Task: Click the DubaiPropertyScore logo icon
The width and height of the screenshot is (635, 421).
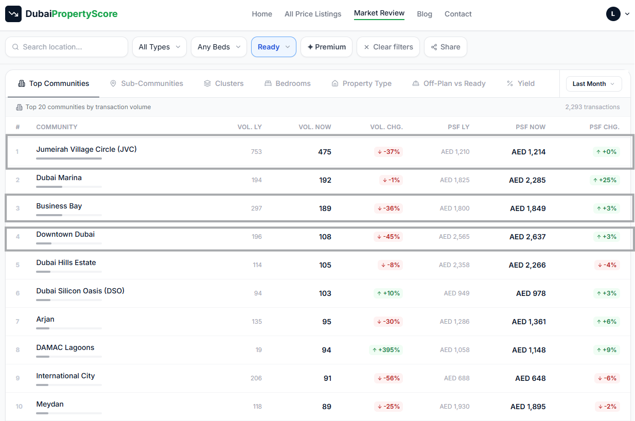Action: [13, 13]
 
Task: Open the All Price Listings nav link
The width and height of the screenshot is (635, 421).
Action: [313, 14]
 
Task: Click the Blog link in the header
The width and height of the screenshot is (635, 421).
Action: [425, 14]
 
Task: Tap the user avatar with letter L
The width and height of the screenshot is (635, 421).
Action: [613, 14]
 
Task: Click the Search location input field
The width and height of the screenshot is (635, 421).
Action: [66, 47]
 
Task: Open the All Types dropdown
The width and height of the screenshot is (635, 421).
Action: [160, 47]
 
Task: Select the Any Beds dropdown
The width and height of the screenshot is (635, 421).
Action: [219, 47]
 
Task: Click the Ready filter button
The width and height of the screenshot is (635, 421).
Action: [274, 47]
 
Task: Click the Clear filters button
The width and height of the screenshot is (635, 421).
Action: [388, 47]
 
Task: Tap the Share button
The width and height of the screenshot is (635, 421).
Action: [445, 47]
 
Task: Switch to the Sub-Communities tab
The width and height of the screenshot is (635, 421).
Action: [146, 83]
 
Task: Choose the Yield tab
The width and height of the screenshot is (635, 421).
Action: [520, 83]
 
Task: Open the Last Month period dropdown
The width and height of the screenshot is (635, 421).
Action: [594, 83]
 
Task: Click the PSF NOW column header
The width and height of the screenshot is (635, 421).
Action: [531, 127]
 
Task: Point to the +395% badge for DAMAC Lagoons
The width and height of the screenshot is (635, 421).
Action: [386, 350]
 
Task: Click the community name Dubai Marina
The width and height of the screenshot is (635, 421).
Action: [59, 178]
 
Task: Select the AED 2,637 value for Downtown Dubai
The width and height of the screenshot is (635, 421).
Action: [527, 236]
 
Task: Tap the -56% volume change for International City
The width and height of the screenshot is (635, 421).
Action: [389, 378]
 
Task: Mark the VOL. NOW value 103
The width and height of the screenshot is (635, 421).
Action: [325, 293]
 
